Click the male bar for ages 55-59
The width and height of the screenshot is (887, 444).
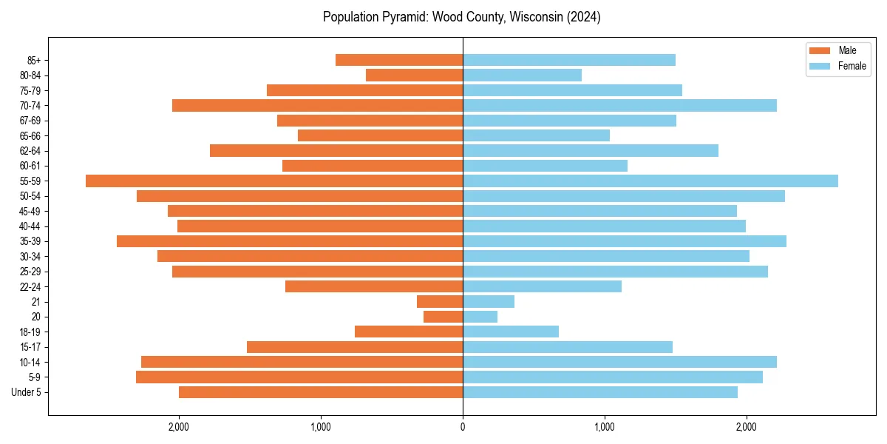(x=274, y=181)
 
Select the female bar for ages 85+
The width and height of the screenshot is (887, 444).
(x=569, y=60)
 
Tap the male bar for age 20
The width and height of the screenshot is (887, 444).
(x=443, y=317)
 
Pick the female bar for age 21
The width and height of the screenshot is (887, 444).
(x=489, y=302)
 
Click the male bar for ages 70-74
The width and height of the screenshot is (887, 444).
(x=318, y=106)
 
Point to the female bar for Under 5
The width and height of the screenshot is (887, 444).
(x=600, y=392)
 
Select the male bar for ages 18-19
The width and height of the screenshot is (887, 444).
(x=409, y=332)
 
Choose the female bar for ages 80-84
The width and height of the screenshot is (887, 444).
(x=522, y=75)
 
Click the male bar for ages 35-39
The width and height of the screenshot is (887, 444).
(x=290, y=241)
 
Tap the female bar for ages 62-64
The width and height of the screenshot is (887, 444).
(x=591, y=151)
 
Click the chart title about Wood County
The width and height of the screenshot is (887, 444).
(x=462, y=17)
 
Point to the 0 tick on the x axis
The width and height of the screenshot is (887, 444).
(x=463, y=426)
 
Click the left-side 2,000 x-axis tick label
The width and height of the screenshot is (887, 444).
(x=179, y=426)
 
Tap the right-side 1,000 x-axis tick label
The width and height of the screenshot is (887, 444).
(x=605, y=426)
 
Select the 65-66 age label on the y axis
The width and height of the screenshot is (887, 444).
(x=30, y=136)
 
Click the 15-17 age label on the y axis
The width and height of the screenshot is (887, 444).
(x=30, y=347)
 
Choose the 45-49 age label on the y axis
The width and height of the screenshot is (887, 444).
(x=30, y=212)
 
